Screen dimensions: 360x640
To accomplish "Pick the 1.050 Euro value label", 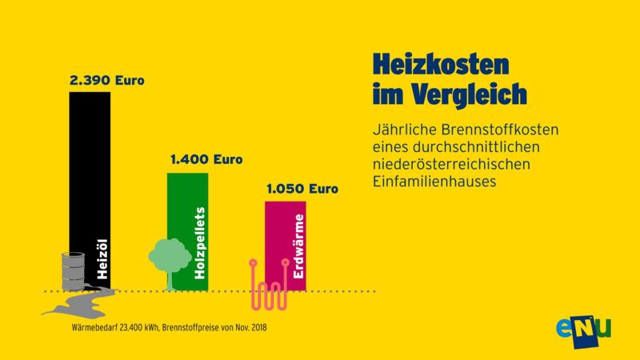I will tap(302, 190).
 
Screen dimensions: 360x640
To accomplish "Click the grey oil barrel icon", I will tap(72, 272).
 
